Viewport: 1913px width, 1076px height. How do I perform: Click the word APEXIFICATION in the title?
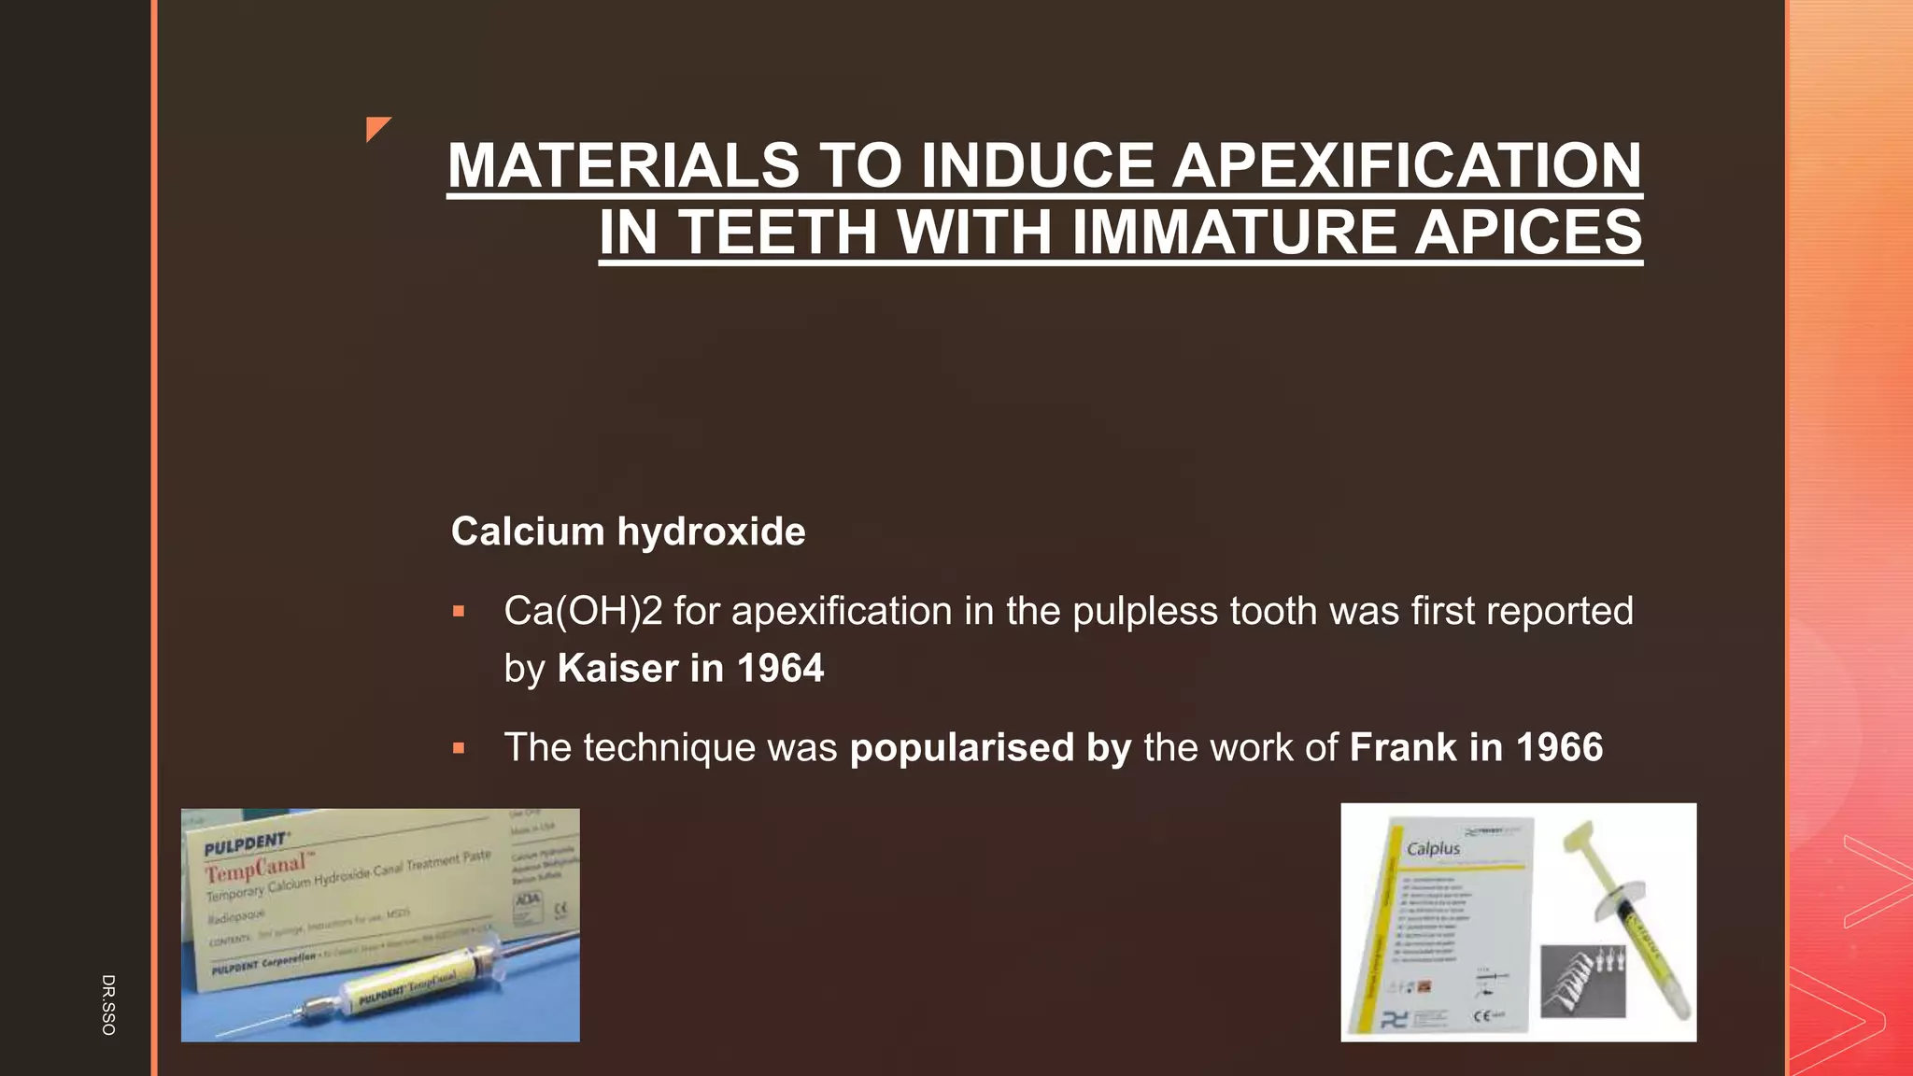click(1406, 165)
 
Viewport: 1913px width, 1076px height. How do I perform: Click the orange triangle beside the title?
click(376, 128)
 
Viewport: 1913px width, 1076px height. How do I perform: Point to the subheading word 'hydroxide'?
click(711, 531)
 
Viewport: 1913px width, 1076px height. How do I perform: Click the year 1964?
click(780, 669)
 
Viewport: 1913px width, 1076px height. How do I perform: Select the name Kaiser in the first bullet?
click(617, 669)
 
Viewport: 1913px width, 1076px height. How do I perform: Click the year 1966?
click(1559, 747)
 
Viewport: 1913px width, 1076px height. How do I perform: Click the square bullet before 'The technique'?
click(459, 748)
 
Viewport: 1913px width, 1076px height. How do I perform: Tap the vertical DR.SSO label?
click(108, 1004)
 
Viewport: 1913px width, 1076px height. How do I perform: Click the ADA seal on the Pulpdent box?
click(526, 902)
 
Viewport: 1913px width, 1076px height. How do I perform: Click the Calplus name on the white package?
click(1433, 848)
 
